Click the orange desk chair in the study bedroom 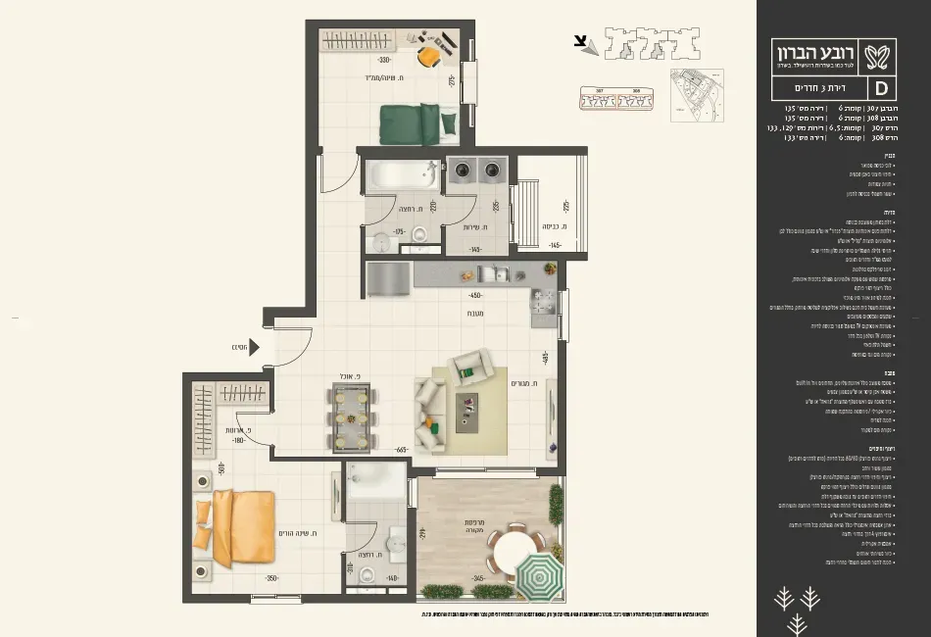coord(429,56)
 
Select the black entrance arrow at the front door coord(254,346)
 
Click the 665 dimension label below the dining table coord(402,450)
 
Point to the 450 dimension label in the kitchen coord(476,295)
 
